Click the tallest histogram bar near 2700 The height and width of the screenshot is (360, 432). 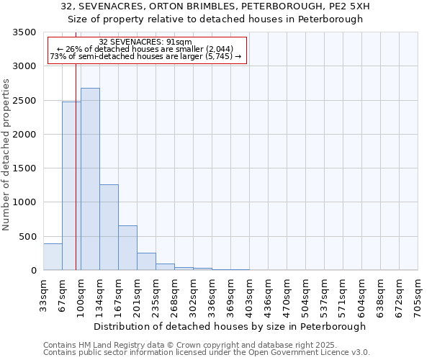90,179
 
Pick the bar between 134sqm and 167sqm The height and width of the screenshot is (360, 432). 109,228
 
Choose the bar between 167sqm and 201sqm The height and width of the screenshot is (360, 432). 127,248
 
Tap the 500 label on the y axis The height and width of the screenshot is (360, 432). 27,237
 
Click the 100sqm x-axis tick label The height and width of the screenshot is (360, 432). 81,292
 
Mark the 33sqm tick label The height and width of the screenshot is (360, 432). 43,292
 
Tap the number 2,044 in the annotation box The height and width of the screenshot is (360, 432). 207,49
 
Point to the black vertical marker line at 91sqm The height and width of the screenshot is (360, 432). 76,180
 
